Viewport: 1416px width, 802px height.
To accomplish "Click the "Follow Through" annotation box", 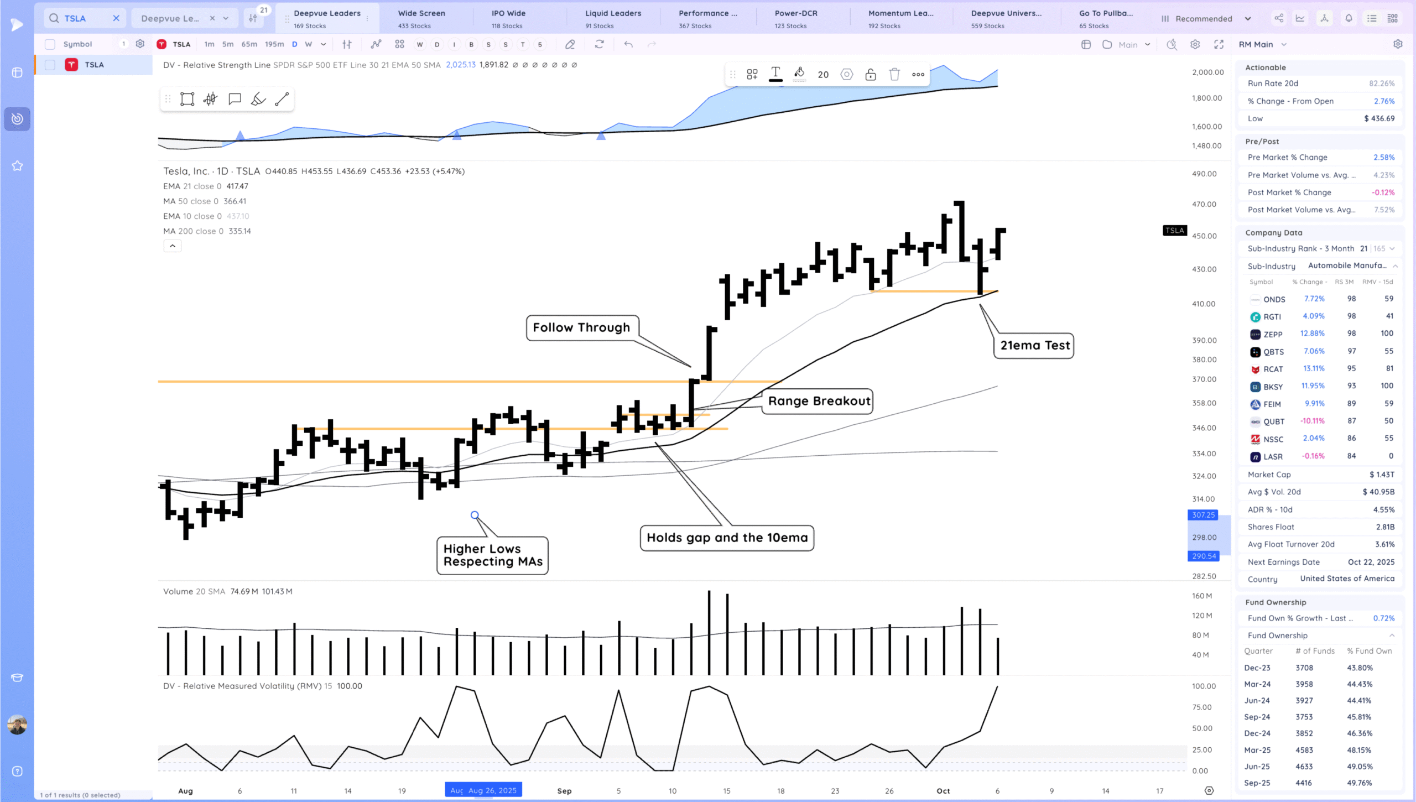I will coord(581,327).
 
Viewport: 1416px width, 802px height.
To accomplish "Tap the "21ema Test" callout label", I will coord(1034,346).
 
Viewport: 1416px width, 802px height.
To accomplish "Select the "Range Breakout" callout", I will coord(819,401).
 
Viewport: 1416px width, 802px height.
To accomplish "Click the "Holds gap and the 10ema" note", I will coord(727,538).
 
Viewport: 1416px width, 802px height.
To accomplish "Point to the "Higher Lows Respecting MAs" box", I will coord(492,555).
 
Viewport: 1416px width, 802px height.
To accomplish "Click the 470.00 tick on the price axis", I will coord(1204,204).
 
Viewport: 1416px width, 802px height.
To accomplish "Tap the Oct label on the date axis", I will coord(943,791).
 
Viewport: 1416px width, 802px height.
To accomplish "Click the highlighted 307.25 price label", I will coord(1203,515).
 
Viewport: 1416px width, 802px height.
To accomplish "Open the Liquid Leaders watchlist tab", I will coord(613,18).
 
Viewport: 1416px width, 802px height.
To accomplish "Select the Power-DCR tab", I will coord(795,18).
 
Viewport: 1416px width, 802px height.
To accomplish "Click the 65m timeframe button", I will coord(249,44).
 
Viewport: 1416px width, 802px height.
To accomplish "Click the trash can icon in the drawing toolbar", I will coord(894,74).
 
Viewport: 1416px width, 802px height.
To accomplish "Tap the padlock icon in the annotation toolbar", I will coord(870,74).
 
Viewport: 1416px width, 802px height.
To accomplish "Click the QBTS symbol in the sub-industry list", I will coord(1273,352).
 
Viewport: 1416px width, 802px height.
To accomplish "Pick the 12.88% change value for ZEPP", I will coord(1312,334).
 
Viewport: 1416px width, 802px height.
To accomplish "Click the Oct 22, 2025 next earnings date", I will coord(1371,562).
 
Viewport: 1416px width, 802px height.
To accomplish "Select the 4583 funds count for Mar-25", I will coord(1304,750).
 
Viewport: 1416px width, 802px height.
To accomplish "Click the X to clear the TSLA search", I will coord(116,18).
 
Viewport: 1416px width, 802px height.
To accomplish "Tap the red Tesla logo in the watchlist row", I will coord(71,65).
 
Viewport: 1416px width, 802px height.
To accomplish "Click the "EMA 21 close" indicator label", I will coord(192,186).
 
